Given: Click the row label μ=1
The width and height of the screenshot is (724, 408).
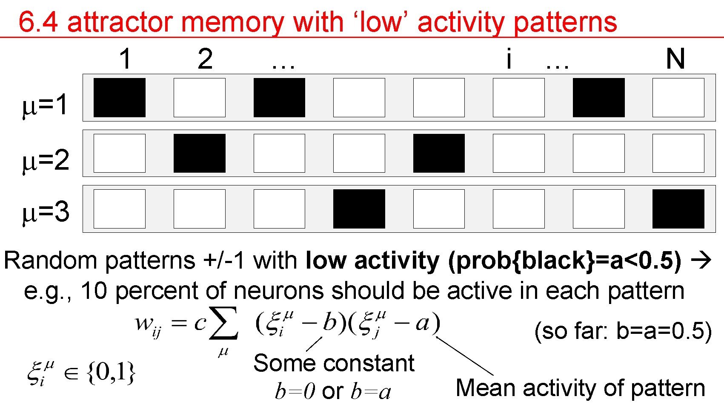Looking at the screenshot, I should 45,105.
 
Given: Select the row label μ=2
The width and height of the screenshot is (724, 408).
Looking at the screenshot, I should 45,160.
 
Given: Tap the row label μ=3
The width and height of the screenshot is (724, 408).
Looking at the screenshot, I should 45,212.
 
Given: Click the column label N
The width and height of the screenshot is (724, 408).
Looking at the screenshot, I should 675,59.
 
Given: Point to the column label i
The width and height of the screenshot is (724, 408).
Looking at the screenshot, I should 509,59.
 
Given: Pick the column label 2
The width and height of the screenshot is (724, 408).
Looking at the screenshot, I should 205,59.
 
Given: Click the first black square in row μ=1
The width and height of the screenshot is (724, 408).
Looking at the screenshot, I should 119,97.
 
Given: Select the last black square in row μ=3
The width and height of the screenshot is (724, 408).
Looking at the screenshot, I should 678,209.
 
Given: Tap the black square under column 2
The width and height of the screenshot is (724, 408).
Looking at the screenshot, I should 199,153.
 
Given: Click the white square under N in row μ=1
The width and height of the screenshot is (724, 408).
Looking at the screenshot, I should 678,97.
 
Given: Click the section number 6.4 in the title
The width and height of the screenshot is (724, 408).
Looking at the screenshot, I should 38,22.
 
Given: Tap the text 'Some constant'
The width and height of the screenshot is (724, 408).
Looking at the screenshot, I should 334,363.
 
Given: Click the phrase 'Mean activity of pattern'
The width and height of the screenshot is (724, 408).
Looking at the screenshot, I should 580,388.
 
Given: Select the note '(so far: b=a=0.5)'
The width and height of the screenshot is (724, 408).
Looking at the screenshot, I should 623,331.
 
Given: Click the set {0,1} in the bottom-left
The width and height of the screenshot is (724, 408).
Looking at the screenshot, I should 111,373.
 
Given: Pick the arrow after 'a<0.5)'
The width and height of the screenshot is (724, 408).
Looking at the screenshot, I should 701,260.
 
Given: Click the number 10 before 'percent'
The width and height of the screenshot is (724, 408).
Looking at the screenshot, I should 94,291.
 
